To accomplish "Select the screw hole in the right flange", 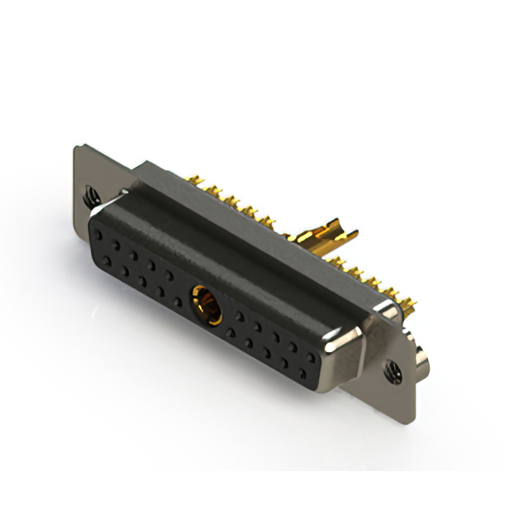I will (391, 371).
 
